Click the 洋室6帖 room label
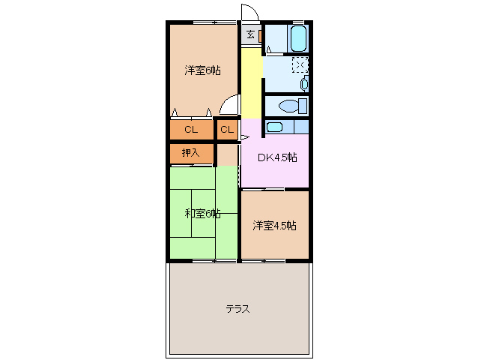[x=202, y=70]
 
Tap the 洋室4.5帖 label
[x=273, y=225]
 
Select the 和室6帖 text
[x=202, y=214]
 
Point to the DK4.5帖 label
[x=277, y=157]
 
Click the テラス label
[x=238, y=308]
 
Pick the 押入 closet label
[x=191, y=153]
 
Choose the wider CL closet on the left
[x=191, y=130]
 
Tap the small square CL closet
[x=227, y=130]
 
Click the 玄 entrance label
[x=250, y=34]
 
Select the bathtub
[x=297, y=37]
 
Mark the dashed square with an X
[x=299, y=65]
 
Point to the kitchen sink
[x=275, y=127]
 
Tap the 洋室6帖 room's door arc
[x=231, y=107]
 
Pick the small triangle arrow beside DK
[x=244, y=137]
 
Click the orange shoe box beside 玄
[x=260, y=34]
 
